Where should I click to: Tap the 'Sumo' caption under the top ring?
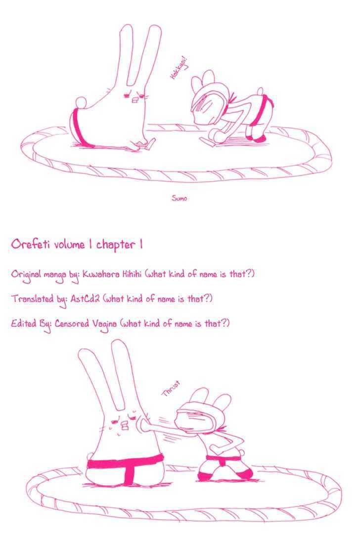pyautogui.click(x=179, y=198)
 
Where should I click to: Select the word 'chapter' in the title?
pyautogui.click(x=116, y=245)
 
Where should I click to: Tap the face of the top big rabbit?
pyautogui.click(x=133, y=97)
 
